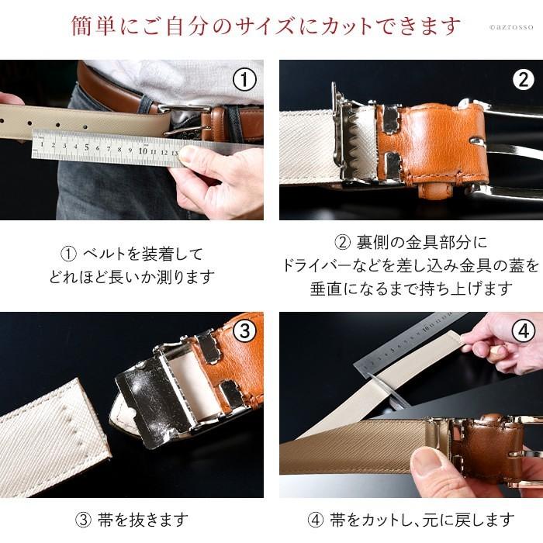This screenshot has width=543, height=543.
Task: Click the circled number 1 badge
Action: (244, 79)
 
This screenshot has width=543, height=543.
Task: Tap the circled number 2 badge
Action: (524, 79)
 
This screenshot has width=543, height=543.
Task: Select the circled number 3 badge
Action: (244, 331)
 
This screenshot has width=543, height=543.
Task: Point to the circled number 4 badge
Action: (524, 331)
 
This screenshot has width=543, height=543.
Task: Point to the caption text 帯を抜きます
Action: (140, 519)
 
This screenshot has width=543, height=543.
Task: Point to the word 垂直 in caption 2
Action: (326, 289)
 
